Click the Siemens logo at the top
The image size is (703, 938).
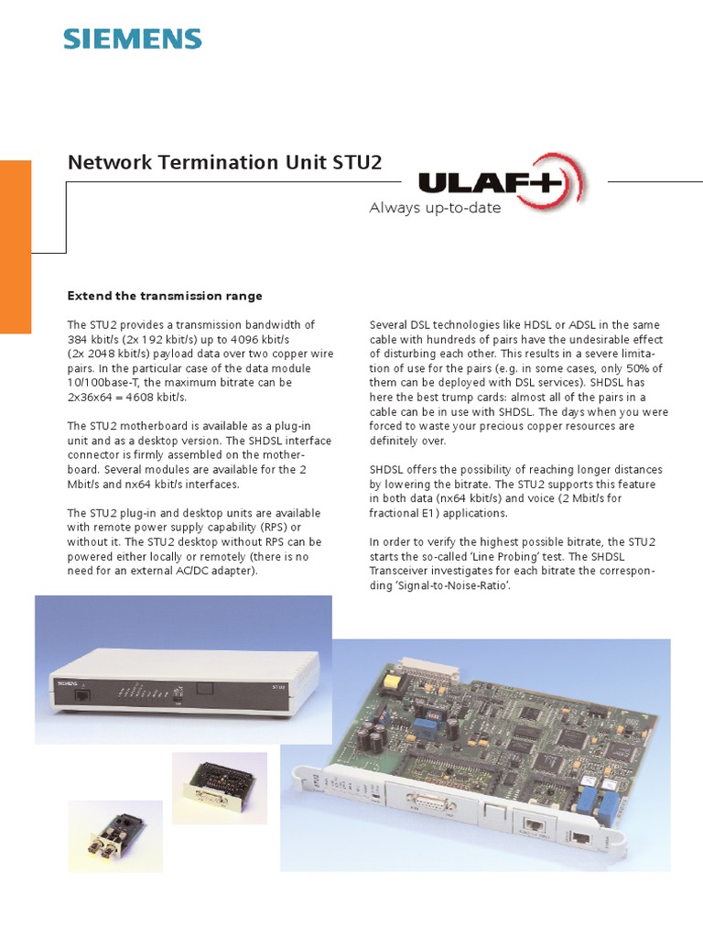tap(132, 38)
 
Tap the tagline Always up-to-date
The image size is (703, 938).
tap(435, 208)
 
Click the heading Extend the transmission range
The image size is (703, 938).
tap(165, 296)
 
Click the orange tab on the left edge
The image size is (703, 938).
tap(16, 246)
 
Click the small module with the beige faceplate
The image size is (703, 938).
tap(220, 787)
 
